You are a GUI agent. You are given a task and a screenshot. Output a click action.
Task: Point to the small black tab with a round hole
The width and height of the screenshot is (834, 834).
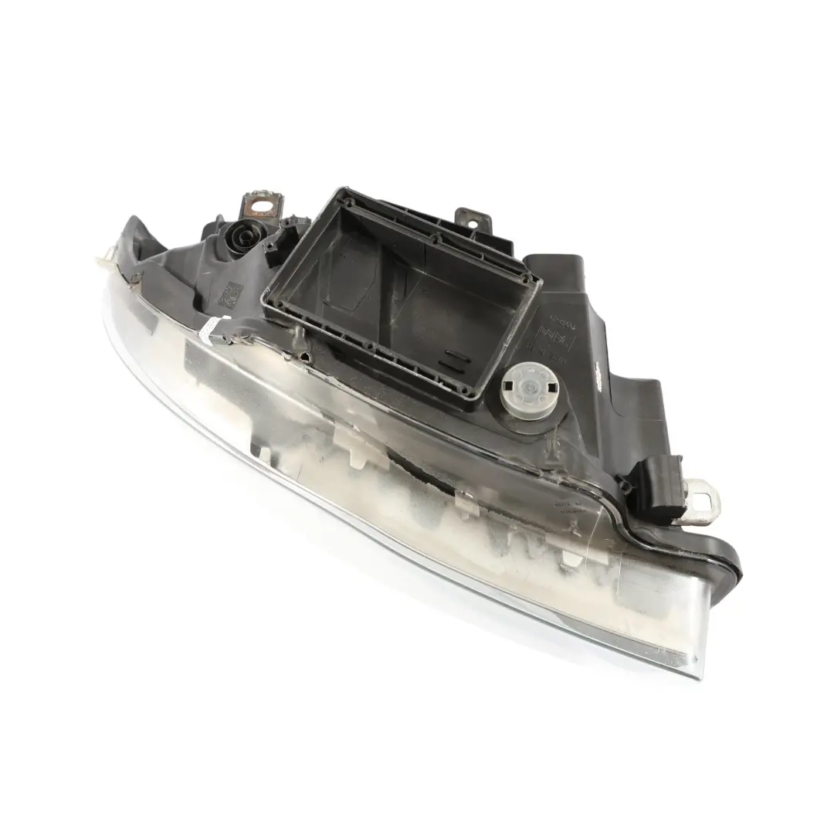click(x=469, y=218)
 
